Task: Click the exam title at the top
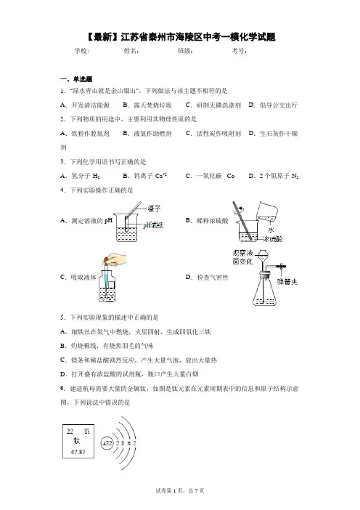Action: [180, 37]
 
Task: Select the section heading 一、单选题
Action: [76, 79]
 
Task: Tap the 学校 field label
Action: [81, 51]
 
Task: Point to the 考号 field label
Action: [239, 51]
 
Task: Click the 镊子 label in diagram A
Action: [155, 209]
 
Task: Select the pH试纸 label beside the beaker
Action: [153, 224]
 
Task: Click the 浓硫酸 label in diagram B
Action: [273, 239]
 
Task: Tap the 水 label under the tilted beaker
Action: [271, 230]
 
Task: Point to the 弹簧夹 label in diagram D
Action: [287, 282]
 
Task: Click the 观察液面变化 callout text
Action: [242, 257]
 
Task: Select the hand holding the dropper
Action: [116, 259]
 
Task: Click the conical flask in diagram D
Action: [265, 291]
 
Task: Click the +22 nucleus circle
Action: [107, 443]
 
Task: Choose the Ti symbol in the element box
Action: [87, 432]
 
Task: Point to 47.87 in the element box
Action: [78, 452]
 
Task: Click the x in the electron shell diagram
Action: [128, 443]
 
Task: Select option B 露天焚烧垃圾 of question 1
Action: [147, 105]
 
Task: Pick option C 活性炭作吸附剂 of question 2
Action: [213, 134]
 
